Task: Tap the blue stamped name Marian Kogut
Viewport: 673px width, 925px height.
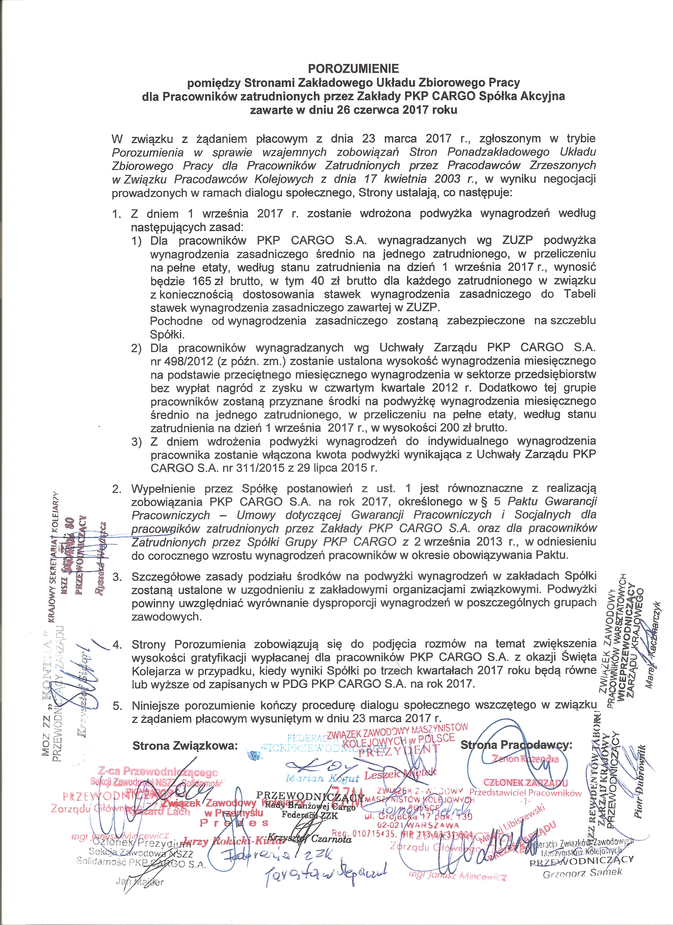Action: (322, 778)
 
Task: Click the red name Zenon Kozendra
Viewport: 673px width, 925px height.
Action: (525, 759)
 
